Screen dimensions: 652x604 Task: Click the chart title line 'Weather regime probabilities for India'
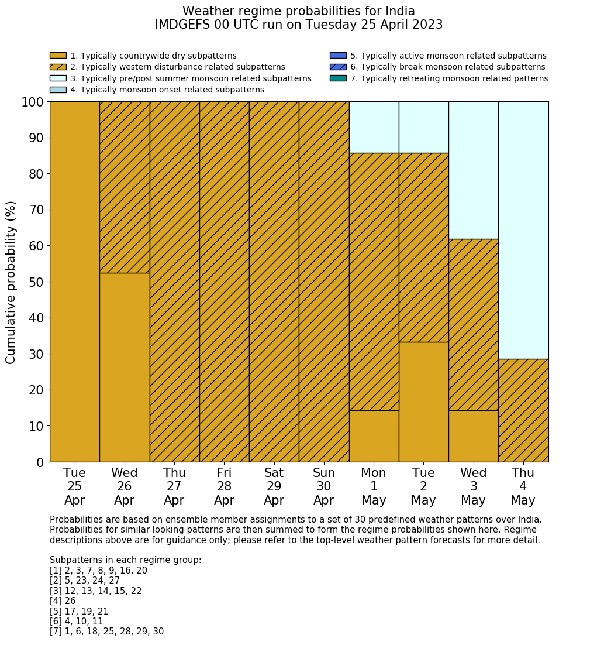(x=299, y=11)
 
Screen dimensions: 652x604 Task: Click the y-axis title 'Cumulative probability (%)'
(x=11, y=282)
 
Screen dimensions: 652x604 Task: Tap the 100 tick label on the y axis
(x=33, y=102)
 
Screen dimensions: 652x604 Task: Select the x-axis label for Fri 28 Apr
(x=224, y=486)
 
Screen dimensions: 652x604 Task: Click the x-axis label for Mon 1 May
(x=374, y=486)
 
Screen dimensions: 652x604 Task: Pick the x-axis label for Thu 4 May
(x=523, y=486)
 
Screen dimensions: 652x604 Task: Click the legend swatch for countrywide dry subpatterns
(x=58, y=56)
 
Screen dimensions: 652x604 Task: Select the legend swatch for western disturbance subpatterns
(x=58, y=67)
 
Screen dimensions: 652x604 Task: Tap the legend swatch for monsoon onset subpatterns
(x=58, y=90)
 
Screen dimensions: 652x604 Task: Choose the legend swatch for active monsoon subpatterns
(x=338, y=56)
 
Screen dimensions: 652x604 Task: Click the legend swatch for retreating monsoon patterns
(x=338, y=78)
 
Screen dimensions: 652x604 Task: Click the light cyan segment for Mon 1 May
(x=374, y=127)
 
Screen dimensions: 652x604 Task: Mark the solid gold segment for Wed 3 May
(x=473, y=436)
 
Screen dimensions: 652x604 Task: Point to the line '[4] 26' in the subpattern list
(x=63, y=601)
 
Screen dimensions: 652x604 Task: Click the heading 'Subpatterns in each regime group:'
(x=125, y=560)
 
